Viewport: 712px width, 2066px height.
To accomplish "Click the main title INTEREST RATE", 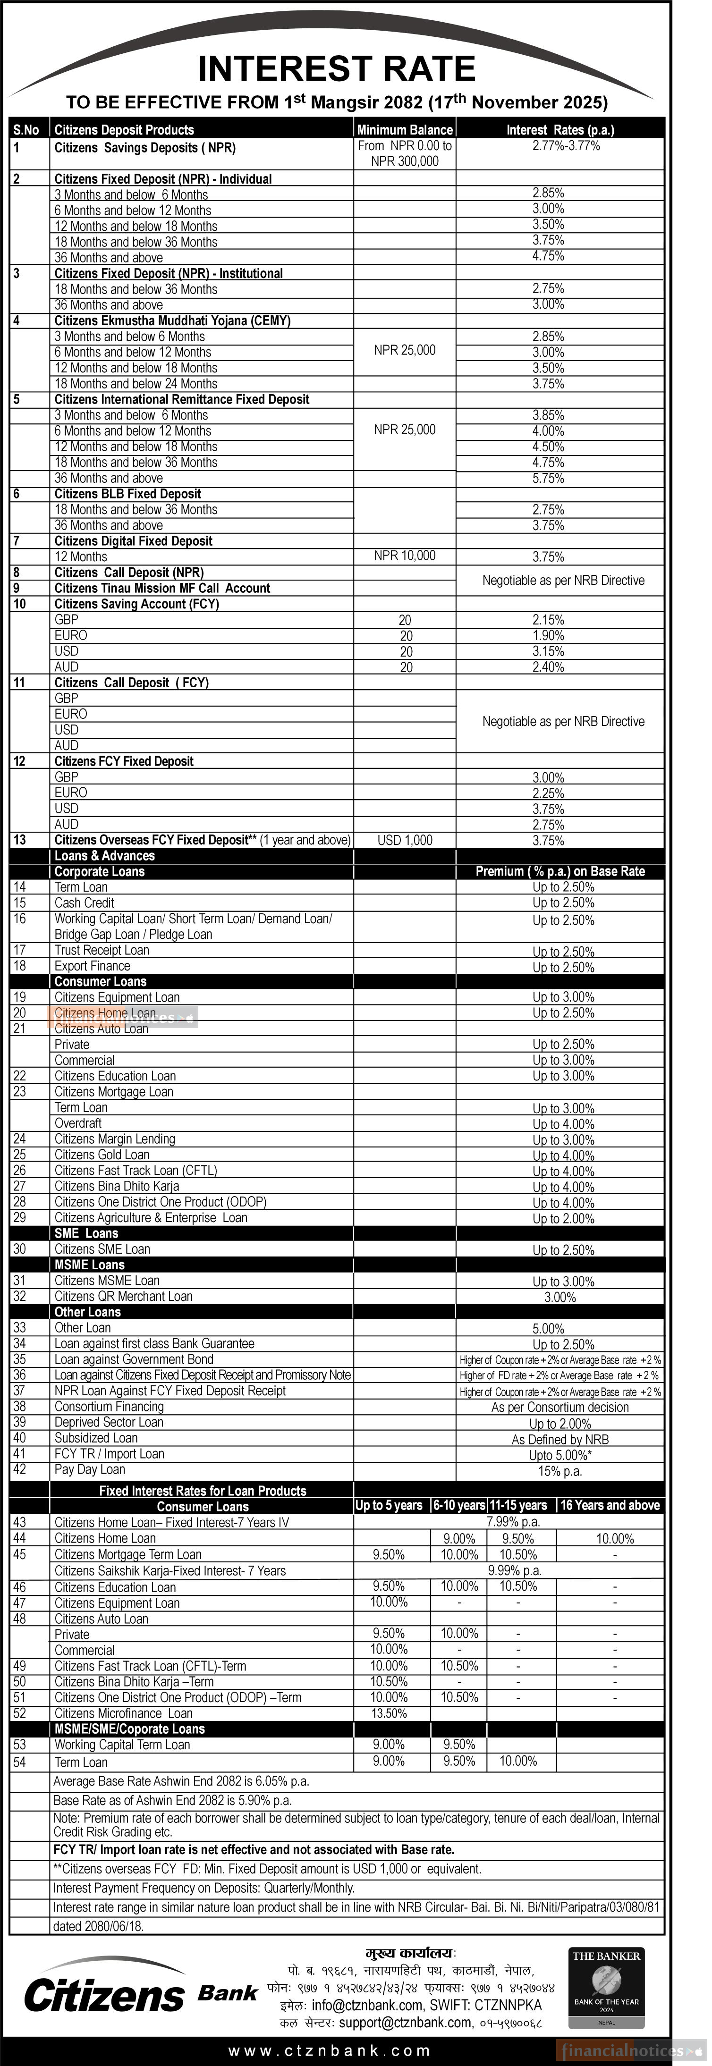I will (337, 69).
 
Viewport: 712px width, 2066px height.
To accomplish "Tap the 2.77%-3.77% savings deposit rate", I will (565, 146).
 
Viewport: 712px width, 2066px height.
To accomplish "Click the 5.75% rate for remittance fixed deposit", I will (549, 478).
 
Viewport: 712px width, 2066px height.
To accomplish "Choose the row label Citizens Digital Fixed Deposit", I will (133, 540).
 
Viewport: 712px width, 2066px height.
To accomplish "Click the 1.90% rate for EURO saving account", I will (549, 635).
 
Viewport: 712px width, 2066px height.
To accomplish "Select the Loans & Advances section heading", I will (104, 856).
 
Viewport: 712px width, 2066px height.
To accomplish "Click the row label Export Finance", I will (92, 966).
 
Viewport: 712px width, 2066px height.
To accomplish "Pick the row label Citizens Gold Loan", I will (102, 1154).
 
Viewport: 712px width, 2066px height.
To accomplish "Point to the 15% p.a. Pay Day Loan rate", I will (559, 1470).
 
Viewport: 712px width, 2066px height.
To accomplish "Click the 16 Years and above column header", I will (610, 1505).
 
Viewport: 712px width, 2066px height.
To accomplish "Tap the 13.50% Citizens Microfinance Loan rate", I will (389, 1713).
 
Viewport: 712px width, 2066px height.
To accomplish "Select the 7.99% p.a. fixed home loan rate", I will (513, 1521).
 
